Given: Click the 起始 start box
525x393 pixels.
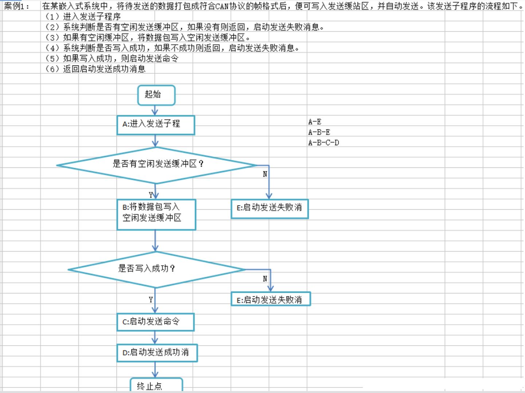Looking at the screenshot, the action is tap(156, 95).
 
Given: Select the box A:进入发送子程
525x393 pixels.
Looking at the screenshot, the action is tap(156, 125).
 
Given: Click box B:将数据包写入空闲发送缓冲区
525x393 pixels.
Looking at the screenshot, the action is tap(156, 215).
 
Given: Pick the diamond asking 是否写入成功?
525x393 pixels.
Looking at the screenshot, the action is tap(156, 269).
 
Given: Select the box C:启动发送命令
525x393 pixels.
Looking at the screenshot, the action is tap(155, 322).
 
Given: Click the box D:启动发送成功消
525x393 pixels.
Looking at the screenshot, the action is tap(157, 353).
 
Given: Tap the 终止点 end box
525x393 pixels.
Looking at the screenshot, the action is tap(156, 385).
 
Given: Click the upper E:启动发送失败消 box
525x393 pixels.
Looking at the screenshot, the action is tap(269, 209).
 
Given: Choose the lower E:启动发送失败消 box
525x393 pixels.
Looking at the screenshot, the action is tap(271, 299).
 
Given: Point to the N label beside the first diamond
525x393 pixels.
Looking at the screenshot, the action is tap(265, 174).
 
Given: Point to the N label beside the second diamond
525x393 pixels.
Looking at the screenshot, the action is tap(265, 279).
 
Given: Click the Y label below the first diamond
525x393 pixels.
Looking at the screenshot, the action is tap(151, 195).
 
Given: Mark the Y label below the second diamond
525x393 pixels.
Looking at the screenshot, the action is tap(151, 300).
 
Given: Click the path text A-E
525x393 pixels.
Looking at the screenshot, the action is tap(315, 122).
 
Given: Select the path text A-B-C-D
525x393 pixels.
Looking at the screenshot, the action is tap(324, 143).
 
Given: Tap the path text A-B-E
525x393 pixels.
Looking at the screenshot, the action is tap(319, 132).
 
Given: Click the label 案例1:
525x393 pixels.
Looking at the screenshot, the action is tap(16, 7).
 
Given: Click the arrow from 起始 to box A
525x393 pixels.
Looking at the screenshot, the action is tap(155, 110).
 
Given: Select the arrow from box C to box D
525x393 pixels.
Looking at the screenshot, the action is tap(155, 338).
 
